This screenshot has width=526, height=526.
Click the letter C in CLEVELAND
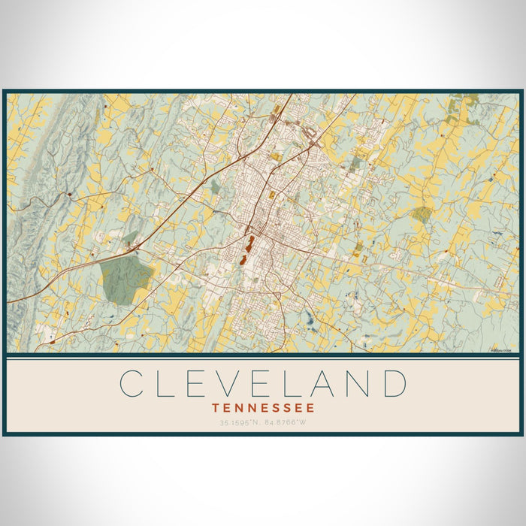(131, 383)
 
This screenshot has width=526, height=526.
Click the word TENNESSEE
(263, 408)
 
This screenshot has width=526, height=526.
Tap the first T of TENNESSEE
(216, 408)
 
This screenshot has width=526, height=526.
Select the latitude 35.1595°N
(238, 423)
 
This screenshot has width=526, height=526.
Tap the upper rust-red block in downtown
(249, 243)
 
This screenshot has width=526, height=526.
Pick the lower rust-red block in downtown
(243, 259)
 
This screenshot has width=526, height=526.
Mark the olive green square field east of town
(422, 215)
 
